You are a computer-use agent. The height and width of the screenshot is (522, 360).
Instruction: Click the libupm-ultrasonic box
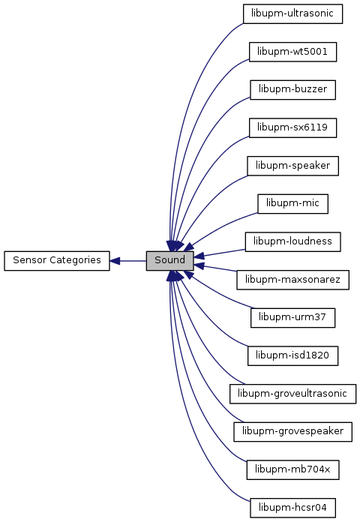tap(292, 13)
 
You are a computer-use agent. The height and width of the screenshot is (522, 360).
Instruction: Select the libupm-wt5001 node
tap(292, 52)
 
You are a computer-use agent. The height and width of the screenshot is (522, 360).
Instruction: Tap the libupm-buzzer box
tap(292, 89)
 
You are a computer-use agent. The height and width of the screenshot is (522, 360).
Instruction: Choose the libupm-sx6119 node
tap(292, 127)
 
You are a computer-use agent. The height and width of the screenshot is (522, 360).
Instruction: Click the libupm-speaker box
tap(292, 166)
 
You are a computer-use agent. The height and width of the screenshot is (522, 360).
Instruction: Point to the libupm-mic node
tap(292, 204)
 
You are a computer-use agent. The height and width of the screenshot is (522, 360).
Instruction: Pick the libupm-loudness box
tap(292, 241)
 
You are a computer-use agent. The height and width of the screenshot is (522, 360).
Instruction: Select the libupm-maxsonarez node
tap(292, 280)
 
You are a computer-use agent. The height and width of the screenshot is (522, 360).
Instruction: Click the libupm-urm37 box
tap(292, 317)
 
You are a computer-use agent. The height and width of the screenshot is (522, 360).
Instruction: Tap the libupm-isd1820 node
tap(292, 355)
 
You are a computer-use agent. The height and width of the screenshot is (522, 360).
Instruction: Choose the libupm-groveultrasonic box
tap(292, 394)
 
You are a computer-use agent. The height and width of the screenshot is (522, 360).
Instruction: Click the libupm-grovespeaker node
tap(292, 432)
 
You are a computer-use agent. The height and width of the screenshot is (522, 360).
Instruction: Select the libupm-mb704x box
tap(292, 469)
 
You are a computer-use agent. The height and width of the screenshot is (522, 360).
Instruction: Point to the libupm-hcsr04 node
tap(292, 508)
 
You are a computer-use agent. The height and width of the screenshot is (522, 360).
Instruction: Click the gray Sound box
tap(169, 261)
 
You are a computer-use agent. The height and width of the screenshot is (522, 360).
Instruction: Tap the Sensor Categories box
tap(57, 261)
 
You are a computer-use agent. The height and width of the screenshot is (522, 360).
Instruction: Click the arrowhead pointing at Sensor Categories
tap(115, 261)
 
